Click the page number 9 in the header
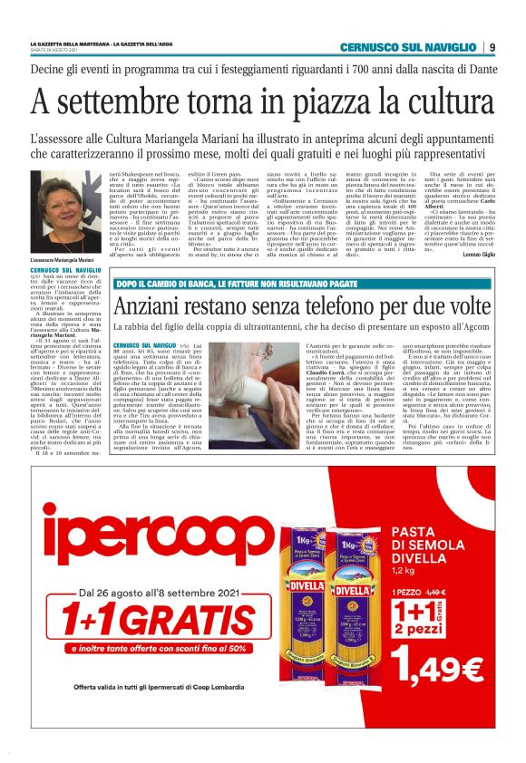(x=491, y=47)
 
